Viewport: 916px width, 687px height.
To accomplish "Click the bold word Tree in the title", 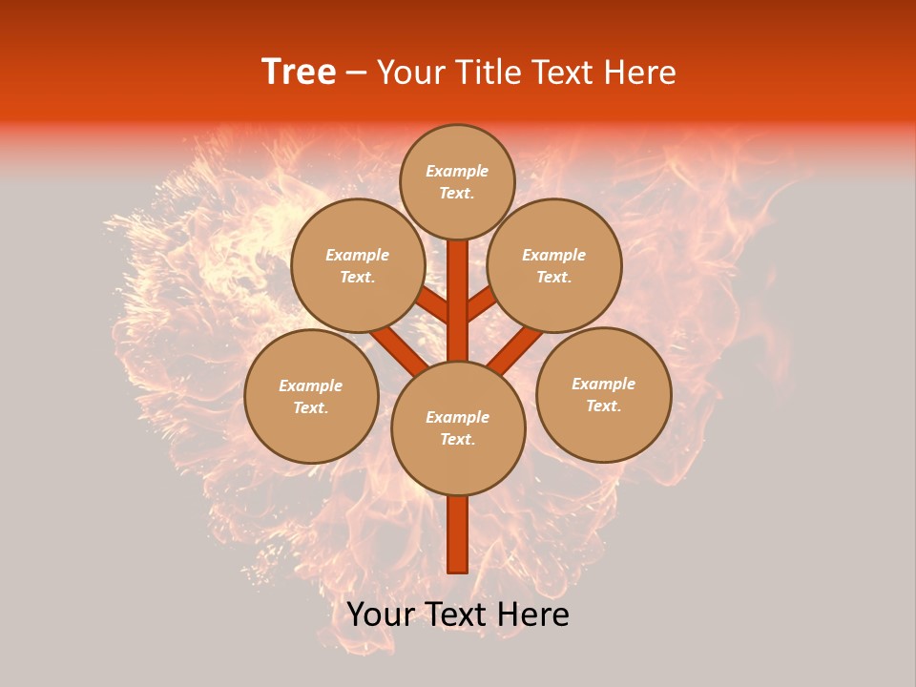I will coord(299,73).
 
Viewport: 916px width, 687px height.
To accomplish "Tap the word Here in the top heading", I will coord(640,73).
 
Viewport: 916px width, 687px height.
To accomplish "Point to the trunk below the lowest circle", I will coord(458,534).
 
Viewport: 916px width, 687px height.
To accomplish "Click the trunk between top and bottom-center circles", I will coord(458,301).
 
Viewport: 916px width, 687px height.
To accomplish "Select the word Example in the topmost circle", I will coord(457,172).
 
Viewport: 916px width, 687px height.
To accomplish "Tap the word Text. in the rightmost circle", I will coord(603,406).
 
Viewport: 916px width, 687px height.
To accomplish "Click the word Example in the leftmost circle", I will coord(310,386).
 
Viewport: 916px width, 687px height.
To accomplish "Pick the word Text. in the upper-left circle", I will coord(357,278).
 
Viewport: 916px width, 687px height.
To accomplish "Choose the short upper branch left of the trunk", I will coord(434,306).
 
